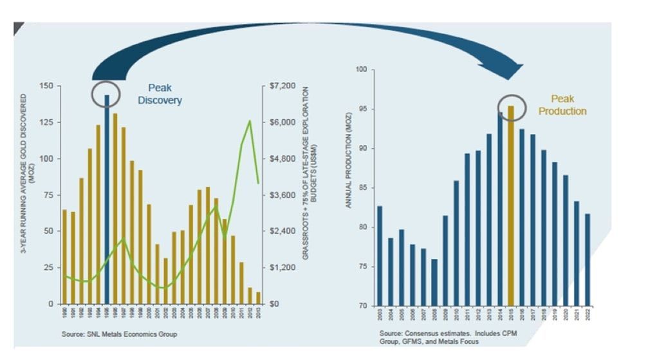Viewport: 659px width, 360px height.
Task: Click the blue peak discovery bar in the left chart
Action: tap(107, 199)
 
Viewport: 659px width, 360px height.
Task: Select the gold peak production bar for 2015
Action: tap(511, 205)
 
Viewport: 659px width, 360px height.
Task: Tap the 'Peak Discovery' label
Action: tap(160, 94)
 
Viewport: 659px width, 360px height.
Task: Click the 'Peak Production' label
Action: tap(562, 105)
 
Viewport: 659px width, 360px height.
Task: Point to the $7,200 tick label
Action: tap(282, 86)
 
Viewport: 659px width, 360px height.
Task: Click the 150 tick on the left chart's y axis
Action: tap(46, 86)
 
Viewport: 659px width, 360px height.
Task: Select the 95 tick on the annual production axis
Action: tap(364, 109)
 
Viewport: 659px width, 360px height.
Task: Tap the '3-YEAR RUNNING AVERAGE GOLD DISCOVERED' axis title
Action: tap(25, 193)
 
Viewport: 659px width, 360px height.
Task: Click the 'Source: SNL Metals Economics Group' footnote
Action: tap(119, 334)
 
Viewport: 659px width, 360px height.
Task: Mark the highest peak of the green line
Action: tap(249, 121)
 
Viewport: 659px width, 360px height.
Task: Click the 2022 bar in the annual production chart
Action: tap(587, 260)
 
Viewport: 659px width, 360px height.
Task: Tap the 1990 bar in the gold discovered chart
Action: tap(64, 256)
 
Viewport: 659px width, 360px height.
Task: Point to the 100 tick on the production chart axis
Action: tap(363, 70)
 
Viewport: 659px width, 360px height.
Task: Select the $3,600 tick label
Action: tap(282, 194)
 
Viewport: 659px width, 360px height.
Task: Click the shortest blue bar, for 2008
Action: tap(434, 282)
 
